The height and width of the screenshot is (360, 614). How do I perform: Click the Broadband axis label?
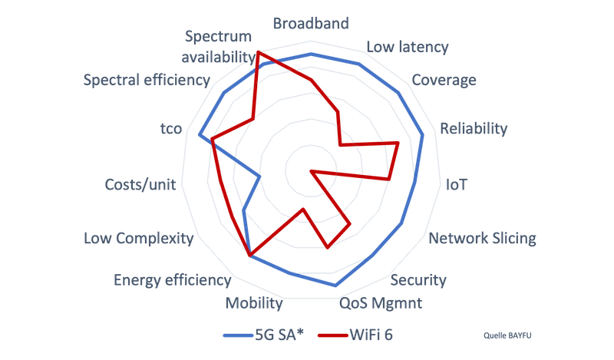pyautogui.click(x=311, y=23)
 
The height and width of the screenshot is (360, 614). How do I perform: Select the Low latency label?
pyautogui.click(x=407, y=47)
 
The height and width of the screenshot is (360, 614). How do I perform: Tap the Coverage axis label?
pyautogui.click(x=444, y=80)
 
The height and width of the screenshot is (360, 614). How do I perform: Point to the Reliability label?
pyautogui.click(x=474, y=128)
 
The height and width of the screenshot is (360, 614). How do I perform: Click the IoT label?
pyautogui.click(x=457, y=185)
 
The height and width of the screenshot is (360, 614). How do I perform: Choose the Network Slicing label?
pyautogui.click(x=482, y=238)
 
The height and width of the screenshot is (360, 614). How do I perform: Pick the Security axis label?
pyautogui.click(x=418, y=279)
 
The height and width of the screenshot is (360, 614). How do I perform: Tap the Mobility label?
pyautogui.click(x=254, y=303)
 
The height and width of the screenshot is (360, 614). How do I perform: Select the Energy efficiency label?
pyautogui.click(x=172, y=280)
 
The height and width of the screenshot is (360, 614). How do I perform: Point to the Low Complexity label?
pyautogui.click(x=138, y=239)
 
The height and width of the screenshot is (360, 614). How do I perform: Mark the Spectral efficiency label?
pyautogui.click(x=147, y=80)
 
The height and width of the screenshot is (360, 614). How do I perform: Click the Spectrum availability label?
pyautogui.click(x=218, y=46)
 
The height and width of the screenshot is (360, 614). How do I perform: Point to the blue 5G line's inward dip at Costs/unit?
pyautogui.click(x=261, y=177)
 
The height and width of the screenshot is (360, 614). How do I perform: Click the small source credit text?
pyautogui.click(x=503, y=335)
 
